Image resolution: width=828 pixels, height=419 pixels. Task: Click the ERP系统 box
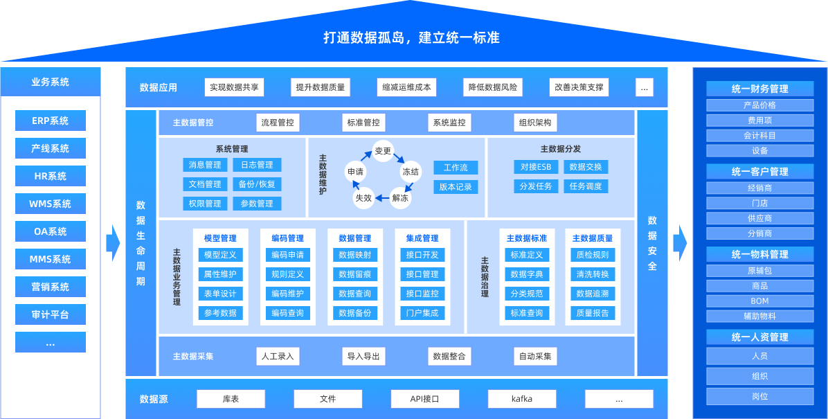point(51,121)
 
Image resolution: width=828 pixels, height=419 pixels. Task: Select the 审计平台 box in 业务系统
point(51,314)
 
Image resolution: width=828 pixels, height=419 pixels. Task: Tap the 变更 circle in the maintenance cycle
point(383,151)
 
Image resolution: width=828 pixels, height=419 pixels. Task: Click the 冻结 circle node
point(411,171)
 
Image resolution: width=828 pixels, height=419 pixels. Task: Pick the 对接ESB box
point(536,167)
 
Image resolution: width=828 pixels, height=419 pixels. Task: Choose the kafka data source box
point(522,399)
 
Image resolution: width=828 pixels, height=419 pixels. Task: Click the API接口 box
point(425,399)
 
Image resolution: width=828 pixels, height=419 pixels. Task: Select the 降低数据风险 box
point(493,87)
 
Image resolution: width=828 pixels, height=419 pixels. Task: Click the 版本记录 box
point(456,187)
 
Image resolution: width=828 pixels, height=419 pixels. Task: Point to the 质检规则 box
point(593,255)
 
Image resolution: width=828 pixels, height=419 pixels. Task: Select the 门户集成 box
point(422,313)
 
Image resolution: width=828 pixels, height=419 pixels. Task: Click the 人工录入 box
point(278,357)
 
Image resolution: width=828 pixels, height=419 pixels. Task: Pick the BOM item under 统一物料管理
point(759,301)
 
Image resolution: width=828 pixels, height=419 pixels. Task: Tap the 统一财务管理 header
point(759,89)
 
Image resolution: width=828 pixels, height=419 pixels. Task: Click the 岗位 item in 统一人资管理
point(759,397)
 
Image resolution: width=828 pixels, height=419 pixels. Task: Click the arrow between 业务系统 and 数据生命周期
point(113,242)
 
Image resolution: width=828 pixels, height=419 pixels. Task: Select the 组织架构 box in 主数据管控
point(536,123)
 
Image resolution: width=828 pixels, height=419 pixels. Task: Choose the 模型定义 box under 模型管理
point(220,255)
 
